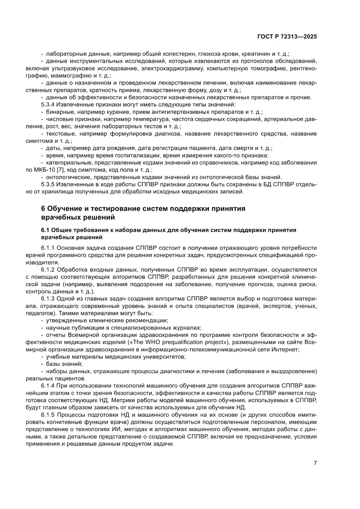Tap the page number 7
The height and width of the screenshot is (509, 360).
[315, 463]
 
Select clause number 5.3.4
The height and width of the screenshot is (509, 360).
[49, 105]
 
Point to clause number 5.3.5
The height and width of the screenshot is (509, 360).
[49, 184]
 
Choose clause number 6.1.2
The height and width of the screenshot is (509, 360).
[49, 270]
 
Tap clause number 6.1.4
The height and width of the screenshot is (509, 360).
[49, 386]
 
